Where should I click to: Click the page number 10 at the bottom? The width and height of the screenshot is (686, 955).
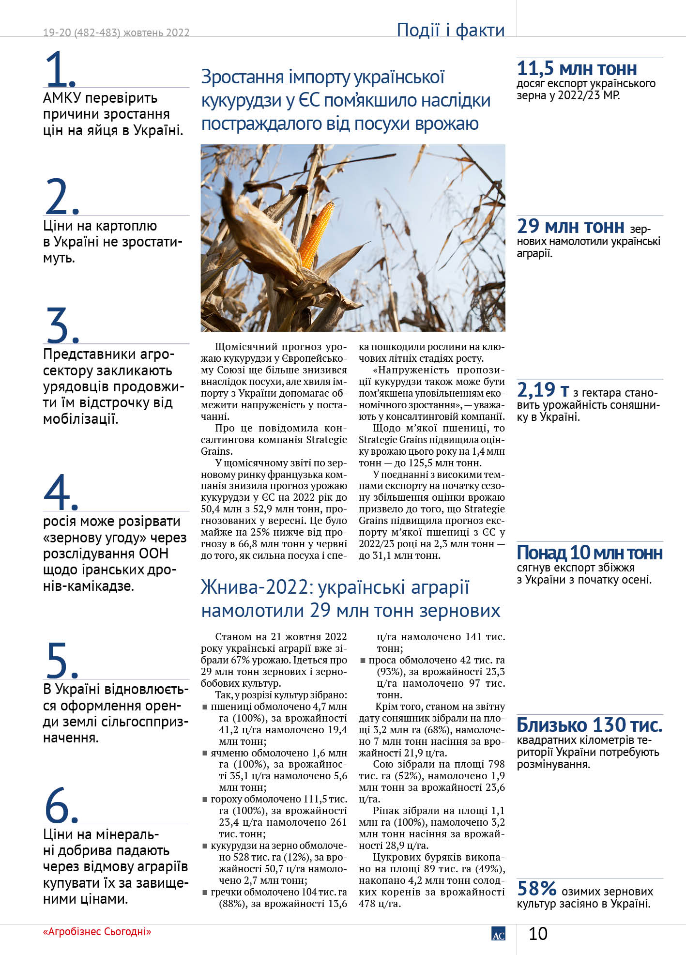click(x=537, y=933)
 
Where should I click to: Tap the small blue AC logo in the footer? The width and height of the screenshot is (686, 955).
click(x=498, y=934)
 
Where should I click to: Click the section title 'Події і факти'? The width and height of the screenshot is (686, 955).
click(x=450, y=30)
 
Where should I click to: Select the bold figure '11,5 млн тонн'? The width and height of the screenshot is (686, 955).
click(x=577, y=69)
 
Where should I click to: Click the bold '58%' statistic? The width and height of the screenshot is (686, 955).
click(x=537, y=888)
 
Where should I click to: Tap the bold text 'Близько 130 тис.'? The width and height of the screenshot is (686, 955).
click(x=589, y=725)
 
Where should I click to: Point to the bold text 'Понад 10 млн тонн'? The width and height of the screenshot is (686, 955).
click(x=589, y=553)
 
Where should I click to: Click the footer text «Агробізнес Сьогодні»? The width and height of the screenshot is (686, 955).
click(x=97, y=931)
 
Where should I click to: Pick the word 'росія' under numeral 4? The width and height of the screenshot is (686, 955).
click(x=60, y=522)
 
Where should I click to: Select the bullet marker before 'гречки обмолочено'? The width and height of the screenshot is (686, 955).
click(x=205, y=892)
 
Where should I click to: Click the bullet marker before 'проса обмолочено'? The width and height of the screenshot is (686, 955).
click(x=363, y=660)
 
